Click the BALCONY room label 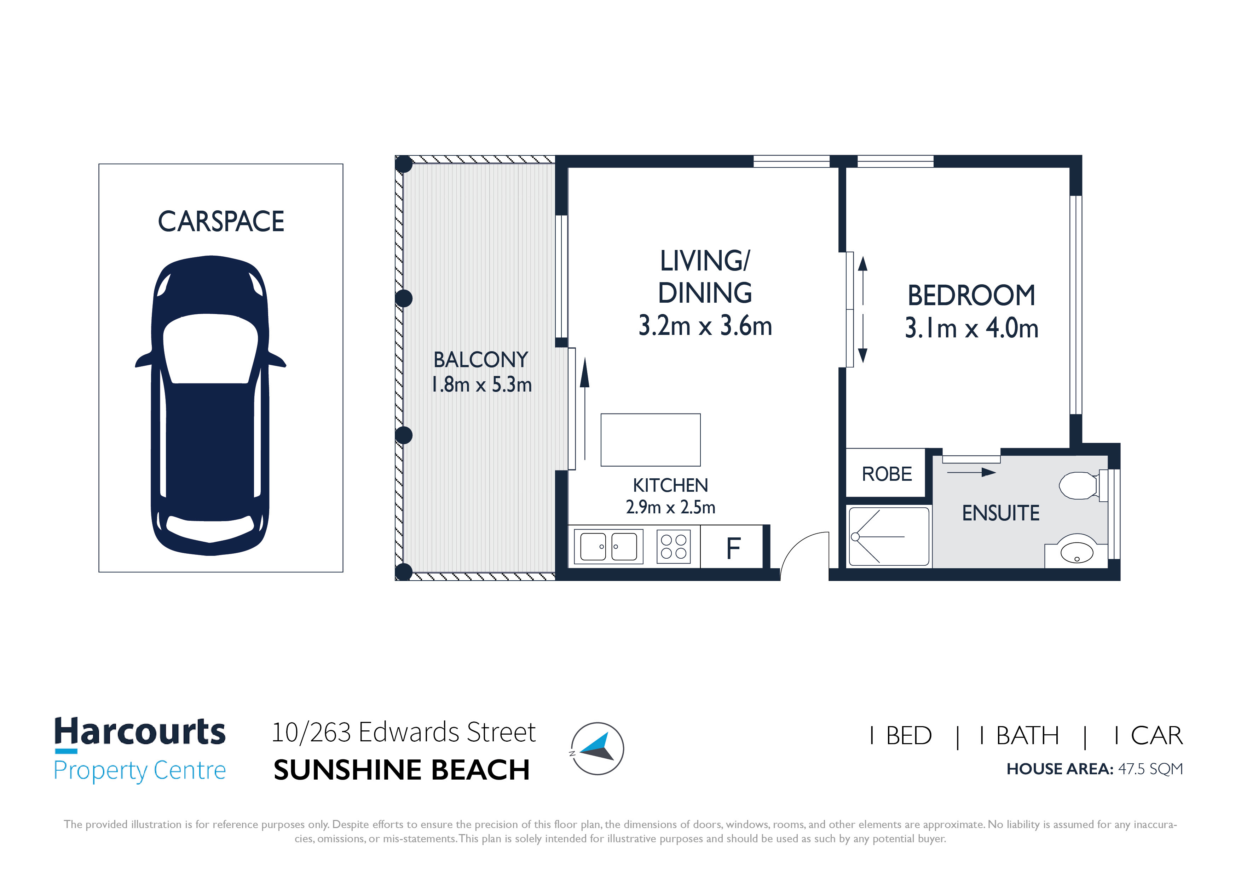tap(480, 360)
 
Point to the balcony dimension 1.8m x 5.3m tap(481, 384)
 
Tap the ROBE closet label tap(887, 474)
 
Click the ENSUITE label tap(1000, 513)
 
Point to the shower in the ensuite tap(889, 537)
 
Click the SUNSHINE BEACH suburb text tap(401, 770)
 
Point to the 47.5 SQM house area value tap(1150, 769)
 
